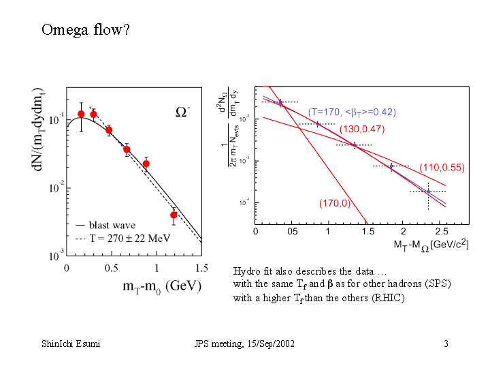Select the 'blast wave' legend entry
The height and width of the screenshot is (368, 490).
112,226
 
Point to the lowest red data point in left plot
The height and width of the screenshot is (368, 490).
174,215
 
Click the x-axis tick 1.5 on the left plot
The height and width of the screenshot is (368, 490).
201,269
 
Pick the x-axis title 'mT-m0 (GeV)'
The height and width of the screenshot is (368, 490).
162,286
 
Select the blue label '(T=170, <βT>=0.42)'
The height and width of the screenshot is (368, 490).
352,112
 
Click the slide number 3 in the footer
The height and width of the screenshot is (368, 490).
445,343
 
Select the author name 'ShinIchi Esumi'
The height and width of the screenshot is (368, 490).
71,343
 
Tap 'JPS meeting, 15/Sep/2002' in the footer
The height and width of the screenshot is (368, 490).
244,343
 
